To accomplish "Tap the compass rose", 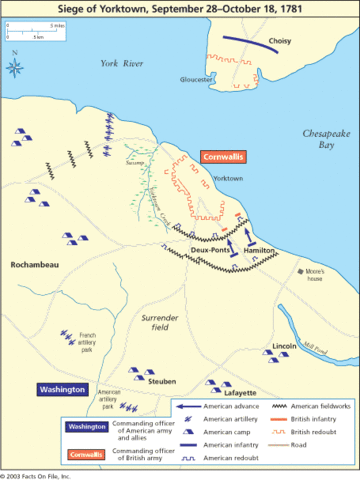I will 16,68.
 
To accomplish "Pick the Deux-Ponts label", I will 211,252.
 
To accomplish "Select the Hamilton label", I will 259,252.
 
